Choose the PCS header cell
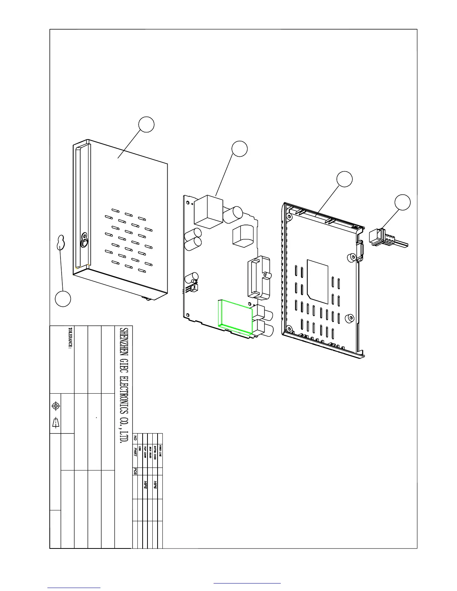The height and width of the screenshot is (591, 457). [x=135, y=472]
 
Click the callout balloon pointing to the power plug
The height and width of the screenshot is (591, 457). [x=403, y=202]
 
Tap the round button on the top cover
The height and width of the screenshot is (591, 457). [x=84, y=243]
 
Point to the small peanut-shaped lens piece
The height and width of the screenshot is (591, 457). [x=60, y=243]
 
